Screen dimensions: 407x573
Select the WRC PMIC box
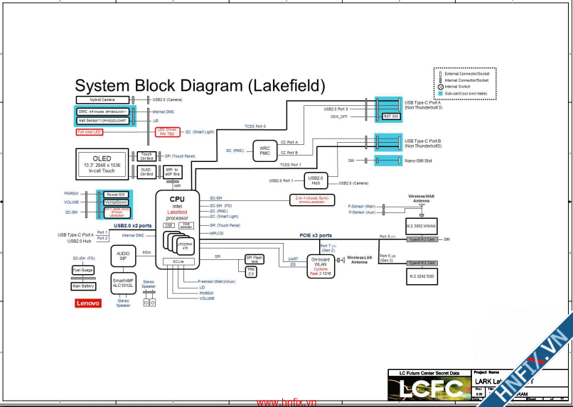click(264, 150)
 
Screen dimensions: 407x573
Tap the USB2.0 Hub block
click(316, 180)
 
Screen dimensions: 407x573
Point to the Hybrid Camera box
click(102, 99)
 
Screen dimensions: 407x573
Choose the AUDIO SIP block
click(123, 256)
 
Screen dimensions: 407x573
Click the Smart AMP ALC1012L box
click(123, 283)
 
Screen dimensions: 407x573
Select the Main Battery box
click(82, 286)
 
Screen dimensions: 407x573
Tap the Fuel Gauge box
click(82, 270)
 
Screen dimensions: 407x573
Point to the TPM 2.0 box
click(251, 271)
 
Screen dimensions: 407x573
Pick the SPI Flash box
click(254, 259)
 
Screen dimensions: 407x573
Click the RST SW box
click(391, 116)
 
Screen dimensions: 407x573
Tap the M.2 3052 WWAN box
click(421, 227)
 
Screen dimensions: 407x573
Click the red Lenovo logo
click(87, 303)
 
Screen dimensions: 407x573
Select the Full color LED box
click(90, 132)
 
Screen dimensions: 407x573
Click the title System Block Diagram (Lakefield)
click(200, 86)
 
